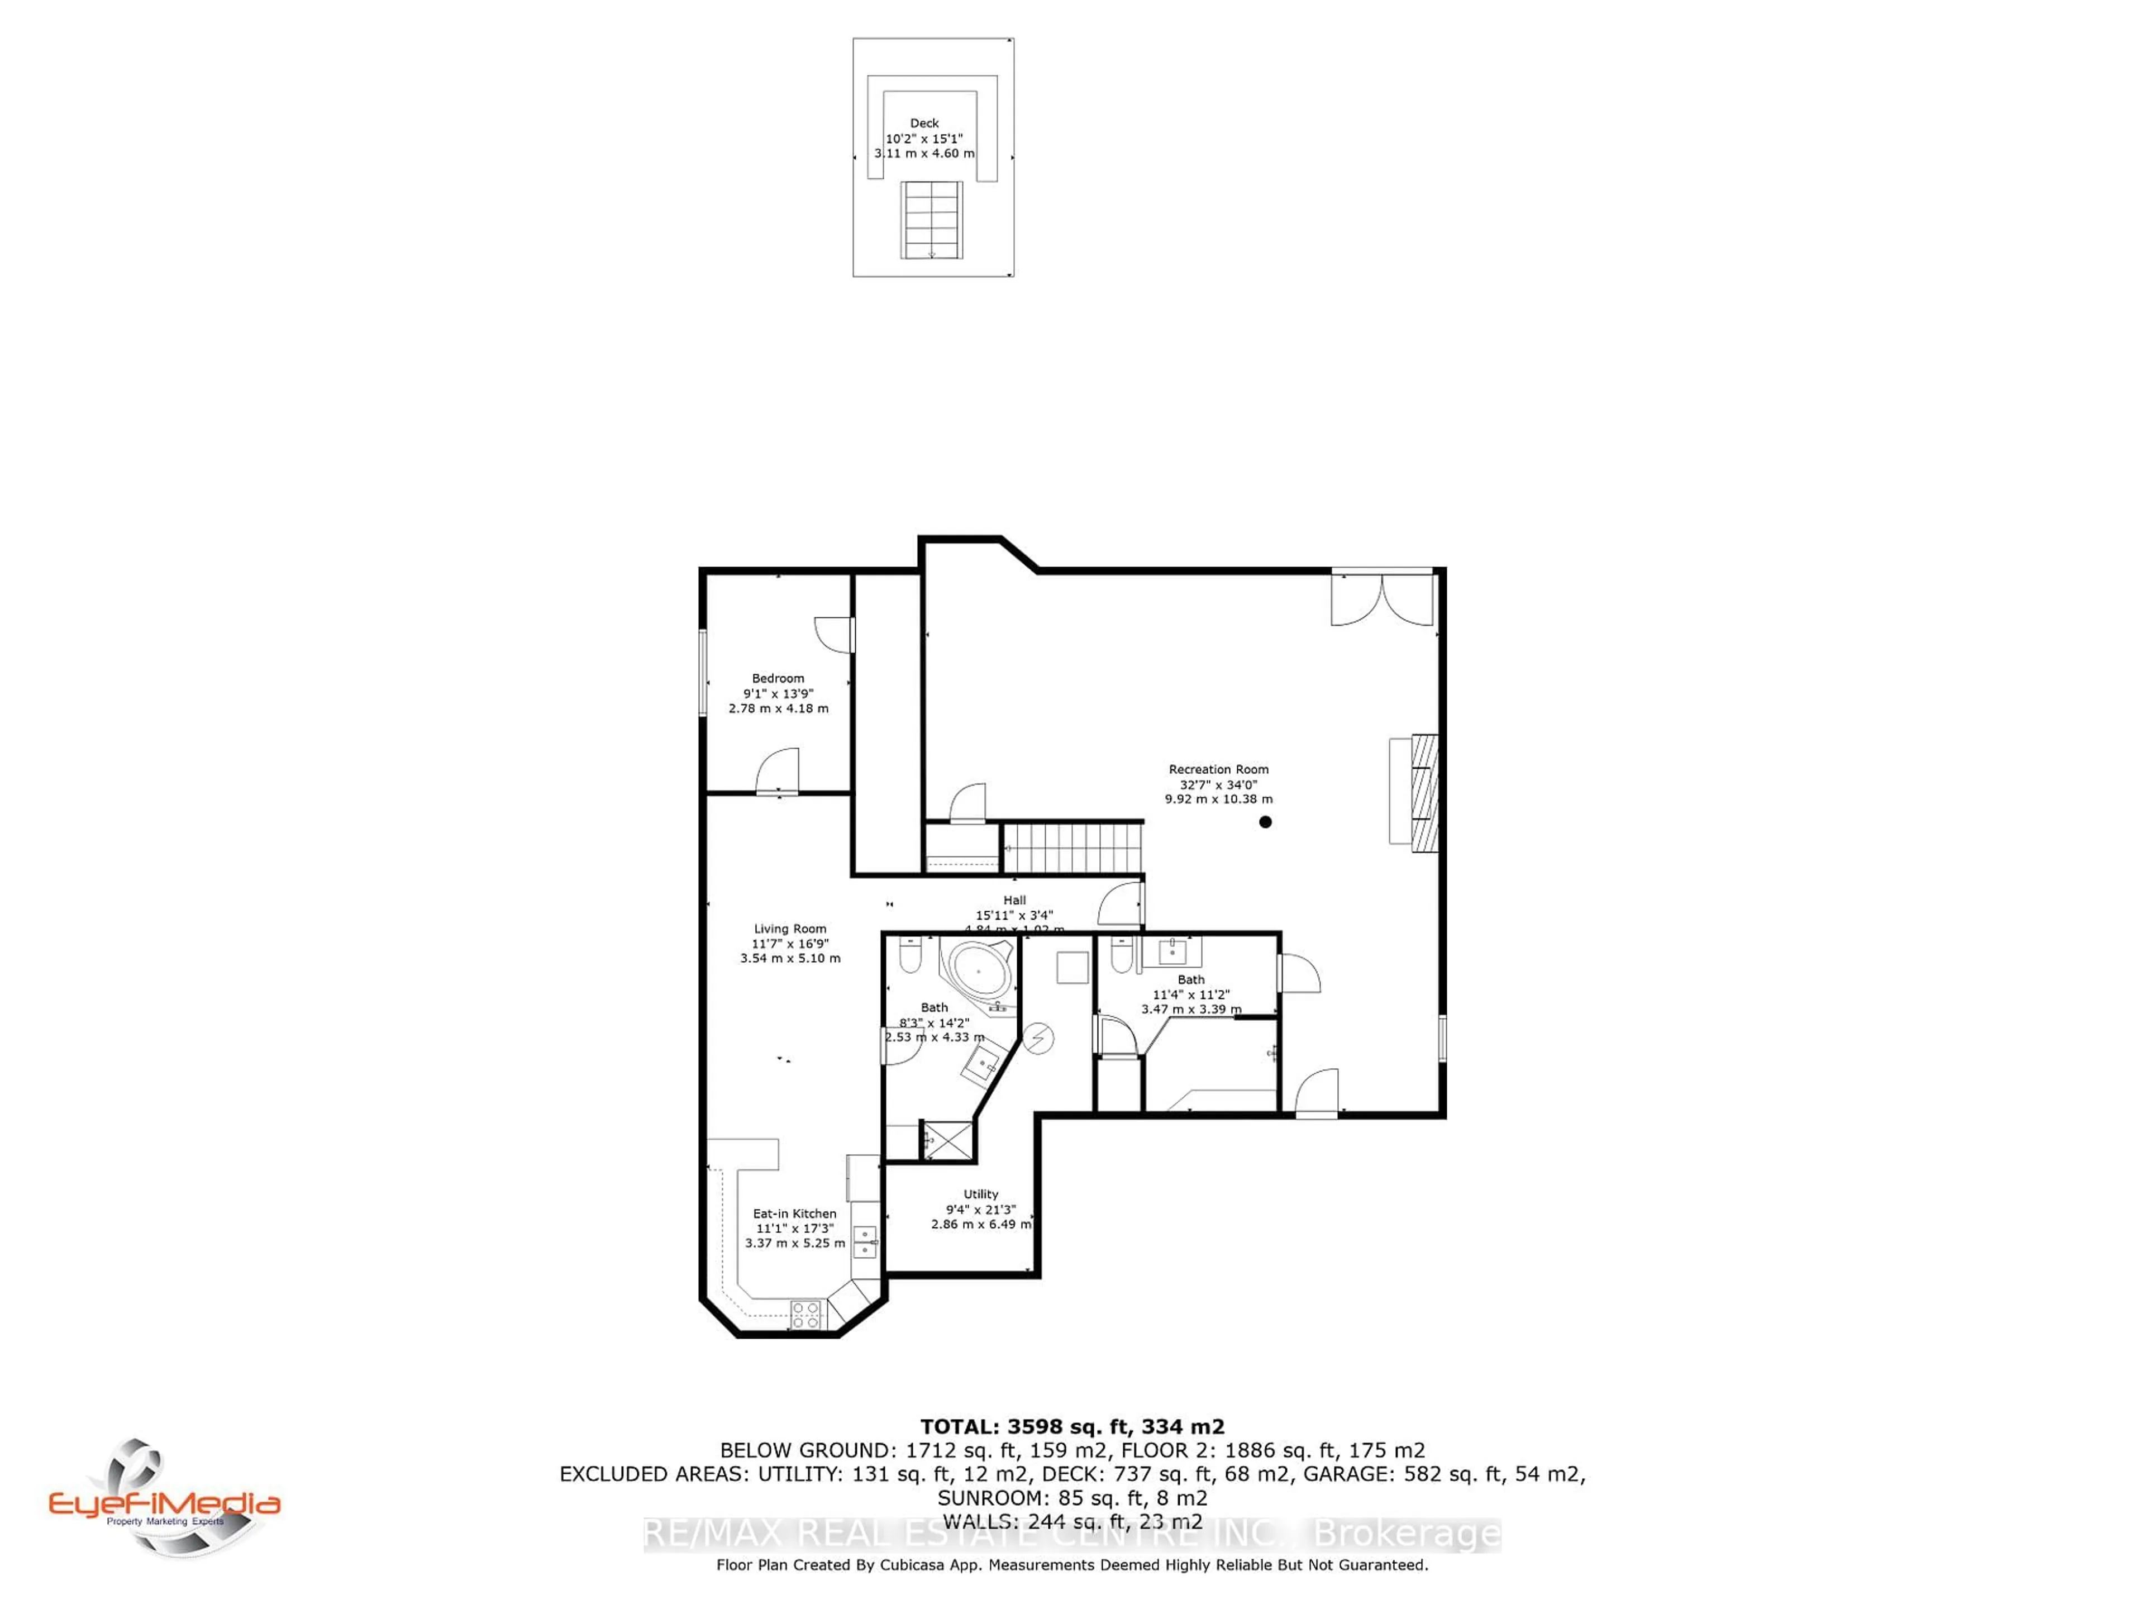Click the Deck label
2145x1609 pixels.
pyautogui.click(x=924, y=123)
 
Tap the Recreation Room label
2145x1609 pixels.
pyautogui.click(x=1218, y=769)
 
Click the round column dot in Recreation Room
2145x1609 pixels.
pyautogui.click(x=1265, y=821)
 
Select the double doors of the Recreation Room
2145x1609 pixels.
pyautogui.click(x=1382, y=598)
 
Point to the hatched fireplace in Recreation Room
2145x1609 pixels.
pyautogui.click(x=1423, y=792)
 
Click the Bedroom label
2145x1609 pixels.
pyautogui.click(x=778, y=678)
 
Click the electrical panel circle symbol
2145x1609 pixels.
pyautogui.click(x=1038, y=1038)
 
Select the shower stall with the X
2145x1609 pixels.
pyautogui.click(x=946, y=1140)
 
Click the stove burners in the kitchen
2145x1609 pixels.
pyautogui.click(x=806, y=1314)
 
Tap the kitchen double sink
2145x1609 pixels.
pyautogui.click(x=864, y=1240)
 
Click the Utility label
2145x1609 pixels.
pyautogui.click(x=980, y=1194)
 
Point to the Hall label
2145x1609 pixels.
pyautogui.click(x=1014, y=900)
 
